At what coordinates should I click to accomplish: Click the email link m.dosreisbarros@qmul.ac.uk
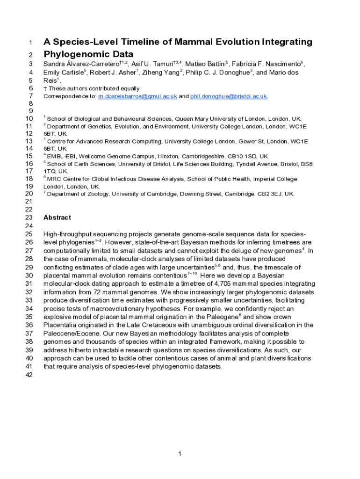(137, 96)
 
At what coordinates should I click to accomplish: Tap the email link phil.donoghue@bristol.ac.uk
(228, 96)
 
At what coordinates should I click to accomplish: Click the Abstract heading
(57, 218)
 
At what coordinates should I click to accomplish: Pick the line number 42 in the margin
(29, 375)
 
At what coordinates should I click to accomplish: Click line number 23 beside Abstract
(29, 218)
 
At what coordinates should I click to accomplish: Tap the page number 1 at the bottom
(180, 453)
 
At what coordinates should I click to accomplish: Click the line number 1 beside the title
(30, 43)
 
